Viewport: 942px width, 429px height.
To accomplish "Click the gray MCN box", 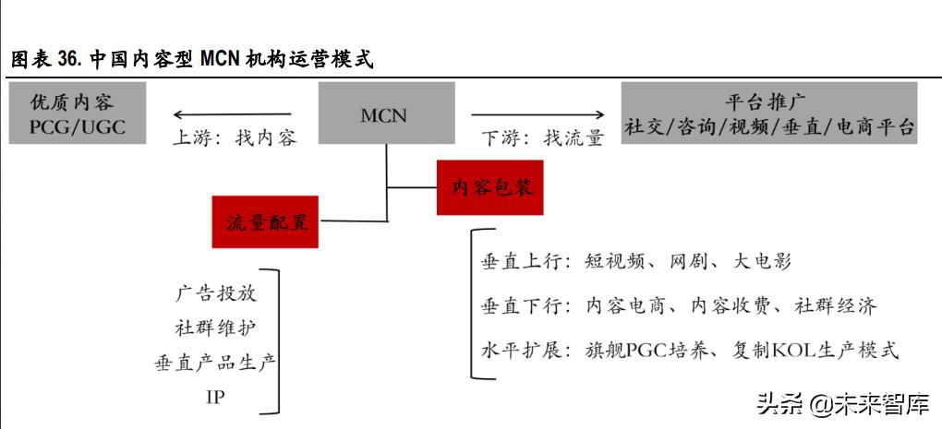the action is tap(386, 113).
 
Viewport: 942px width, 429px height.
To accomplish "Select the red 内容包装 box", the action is tap(490, 187).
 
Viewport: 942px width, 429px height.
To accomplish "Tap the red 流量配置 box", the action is tap(265, 222).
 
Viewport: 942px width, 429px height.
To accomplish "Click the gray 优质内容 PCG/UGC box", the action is tap(78, 113).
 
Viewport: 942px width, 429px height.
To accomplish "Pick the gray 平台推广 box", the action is tap(769, 113).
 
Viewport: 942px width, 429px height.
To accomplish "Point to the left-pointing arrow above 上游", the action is tap(233, 114).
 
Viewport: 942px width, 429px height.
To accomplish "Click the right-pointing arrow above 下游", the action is tap(537, 114).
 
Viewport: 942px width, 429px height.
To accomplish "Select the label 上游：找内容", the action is tap(235, 138).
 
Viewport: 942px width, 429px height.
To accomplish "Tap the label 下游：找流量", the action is tap(542, 138).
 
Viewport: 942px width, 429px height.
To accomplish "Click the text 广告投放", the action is tap(216, 292).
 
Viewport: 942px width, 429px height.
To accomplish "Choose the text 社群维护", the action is tap(216, 328).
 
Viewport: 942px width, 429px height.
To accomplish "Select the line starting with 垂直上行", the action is tap(636, 262).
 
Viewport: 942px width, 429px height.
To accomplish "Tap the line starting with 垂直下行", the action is tap(679, 306).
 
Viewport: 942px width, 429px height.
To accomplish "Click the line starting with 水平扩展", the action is tap(690, 350).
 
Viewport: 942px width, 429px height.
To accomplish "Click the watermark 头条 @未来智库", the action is tap(843, 404).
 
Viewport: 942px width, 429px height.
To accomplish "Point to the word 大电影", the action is tap(762, 262).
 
